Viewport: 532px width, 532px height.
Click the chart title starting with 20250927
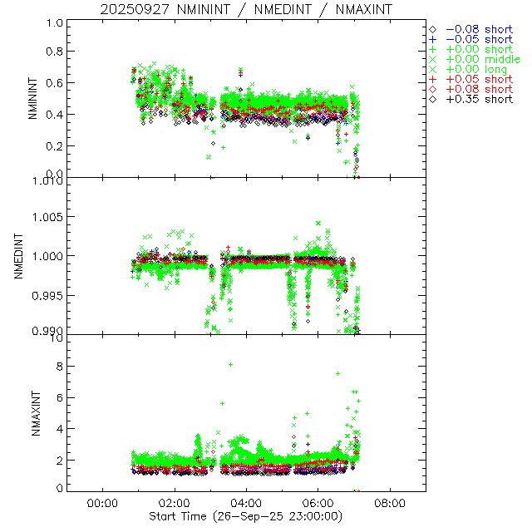(x=246, y=9)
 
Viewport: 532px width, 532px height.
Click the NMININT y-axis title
(x=34, y=98)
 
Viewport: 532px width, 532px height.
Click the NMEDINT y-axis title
(x=19, y=255)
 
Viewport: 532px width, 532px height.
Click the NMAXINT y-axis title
(x=34, y=413)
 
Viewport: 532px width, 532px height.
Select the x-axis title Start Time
(x=246, y=515)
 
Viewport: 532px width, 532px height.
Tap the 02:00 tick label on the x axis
(x=174, y=502)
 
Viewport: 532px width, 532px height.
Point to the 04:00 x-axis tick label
(x=246, y=502)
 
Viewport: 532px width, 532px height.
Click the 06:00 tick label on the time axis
(x=318, y=502)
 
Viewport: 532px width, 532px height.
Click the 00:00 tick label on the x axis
(x=101, y=502)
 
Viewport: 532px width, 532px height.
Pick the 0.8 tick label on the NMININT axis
(x=53, y=51)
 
